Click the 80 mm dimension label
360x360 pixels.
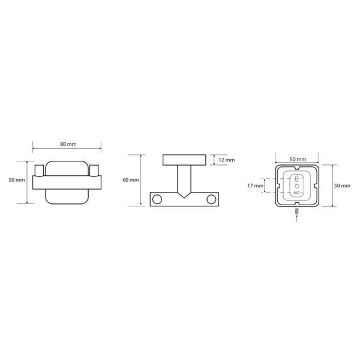(68, 144)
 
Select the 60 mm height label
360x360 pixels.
(131, 180)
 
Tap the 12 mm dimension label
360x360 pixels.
(227, 160)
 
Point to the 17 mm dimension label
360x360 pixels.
(256, 185)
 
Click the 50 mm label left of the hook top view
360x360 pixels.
(17, 180)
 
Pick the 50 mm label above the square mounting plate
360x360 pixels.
(298, 159)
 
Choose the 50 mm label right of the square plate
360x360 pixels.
(343, 185)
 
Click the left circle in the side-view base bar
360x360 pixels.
(157, 199)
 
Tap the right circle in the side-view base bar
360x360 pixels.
(211, 199)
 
